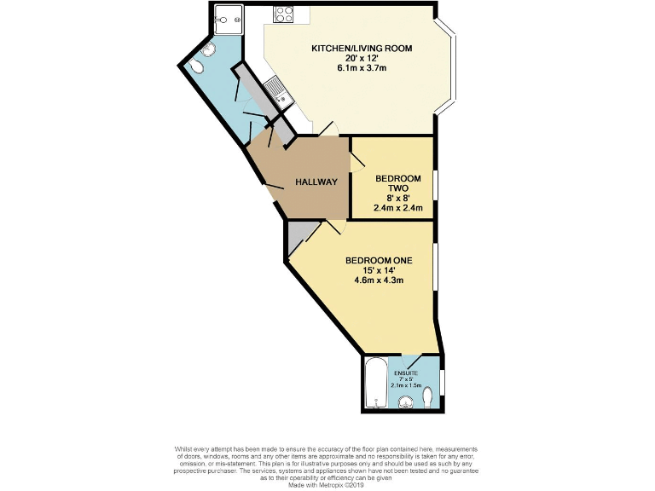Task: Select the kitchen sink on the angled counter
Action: (275, 88)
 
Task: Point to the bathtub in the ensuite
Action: (375, 384)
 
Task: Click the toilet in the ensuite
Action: (428, 398)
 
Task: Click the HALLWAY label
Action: (316, 182)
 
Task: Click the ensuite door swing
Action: (409, 361)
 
